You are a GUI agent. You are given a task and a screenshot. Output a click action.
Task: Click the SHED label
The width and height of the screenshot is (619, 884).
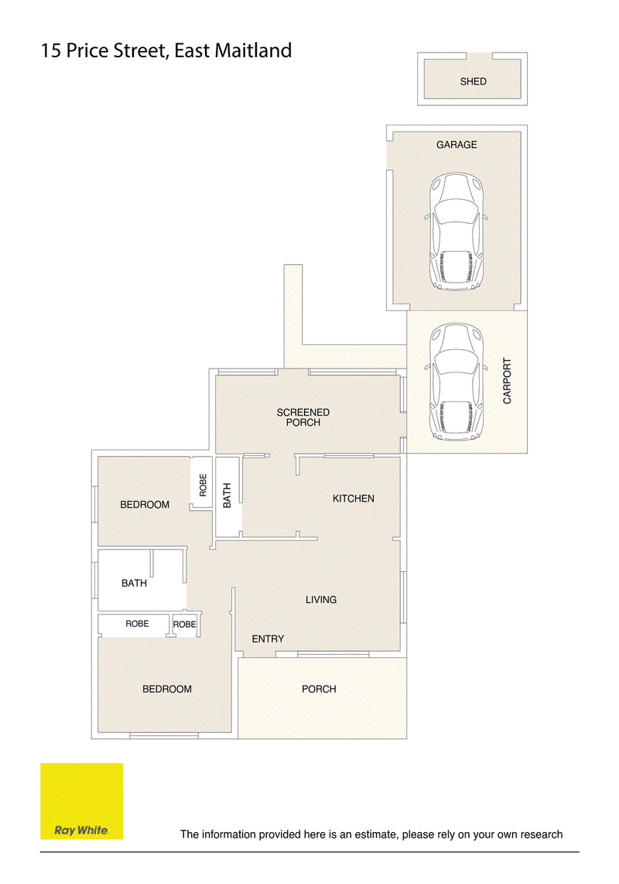[x=473, y=82]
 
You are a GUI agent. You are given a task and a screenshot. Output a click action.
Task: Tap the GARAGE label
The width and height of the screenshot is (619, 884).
[x=457, y=145]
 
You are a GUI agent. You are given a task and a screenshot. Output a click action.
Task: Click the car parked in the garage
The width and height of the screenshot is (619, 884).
[x=456, y=231]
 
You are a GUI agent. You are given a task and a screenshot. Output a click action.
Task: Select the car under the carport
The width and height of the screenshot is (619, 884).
[x=456, y=381]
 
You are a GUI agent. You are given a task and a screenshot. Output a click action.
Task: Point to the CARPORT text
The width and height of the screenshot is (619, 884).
[x=507, y=381]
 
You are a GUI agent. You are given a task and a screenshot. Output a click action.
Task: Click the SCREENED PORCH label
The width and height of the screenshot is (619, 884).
[x=303, y=418]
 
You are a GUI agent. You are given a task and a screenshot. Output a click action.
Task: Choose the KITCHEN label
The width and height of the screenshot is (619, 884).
[x=354, y=499]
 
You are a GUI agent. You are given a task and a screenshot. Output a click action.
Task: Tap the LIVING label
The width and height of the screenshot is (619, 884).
[x=321, y=600]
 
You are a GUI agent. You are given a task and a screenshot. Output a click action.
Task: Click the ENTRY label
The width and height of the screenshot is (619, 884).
[x=268, y=639]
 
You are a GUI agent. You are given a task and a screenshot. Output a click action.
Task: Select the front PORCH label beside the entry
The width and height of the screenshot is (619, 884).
[x=319, y=689]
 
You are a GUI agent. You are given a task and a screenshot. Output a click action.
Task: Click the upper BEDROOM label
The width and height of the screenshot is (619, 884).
[x=145, y=505]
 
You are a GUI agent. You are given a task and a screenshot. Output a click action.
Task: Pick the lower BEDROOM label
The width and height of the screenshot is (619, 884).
[x=167, y=689]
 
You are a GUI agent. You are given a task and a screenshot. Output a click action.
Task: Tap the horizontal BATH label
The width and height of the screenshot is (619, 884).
[x=134, y=583]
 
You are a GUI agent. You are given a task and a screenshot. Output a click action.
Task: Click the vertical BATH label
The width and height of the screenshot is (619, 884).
[x=227, y=495]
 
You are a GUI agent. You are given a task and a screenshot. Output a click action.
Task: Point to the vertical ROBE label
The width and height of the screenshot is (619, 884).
[x=203, y=485]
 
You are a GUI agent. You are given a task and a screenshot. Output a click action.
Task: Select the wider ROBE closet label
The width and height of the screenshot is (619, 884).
[x=137, y=624]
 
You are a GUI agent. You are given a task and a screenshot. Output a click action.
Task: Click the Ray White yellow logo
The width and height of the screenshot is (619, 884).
[x=82, y=801]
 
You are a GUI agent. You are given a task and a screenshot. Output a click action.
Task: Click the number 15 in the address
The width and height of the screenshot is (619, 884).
[x=51, y=51]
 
